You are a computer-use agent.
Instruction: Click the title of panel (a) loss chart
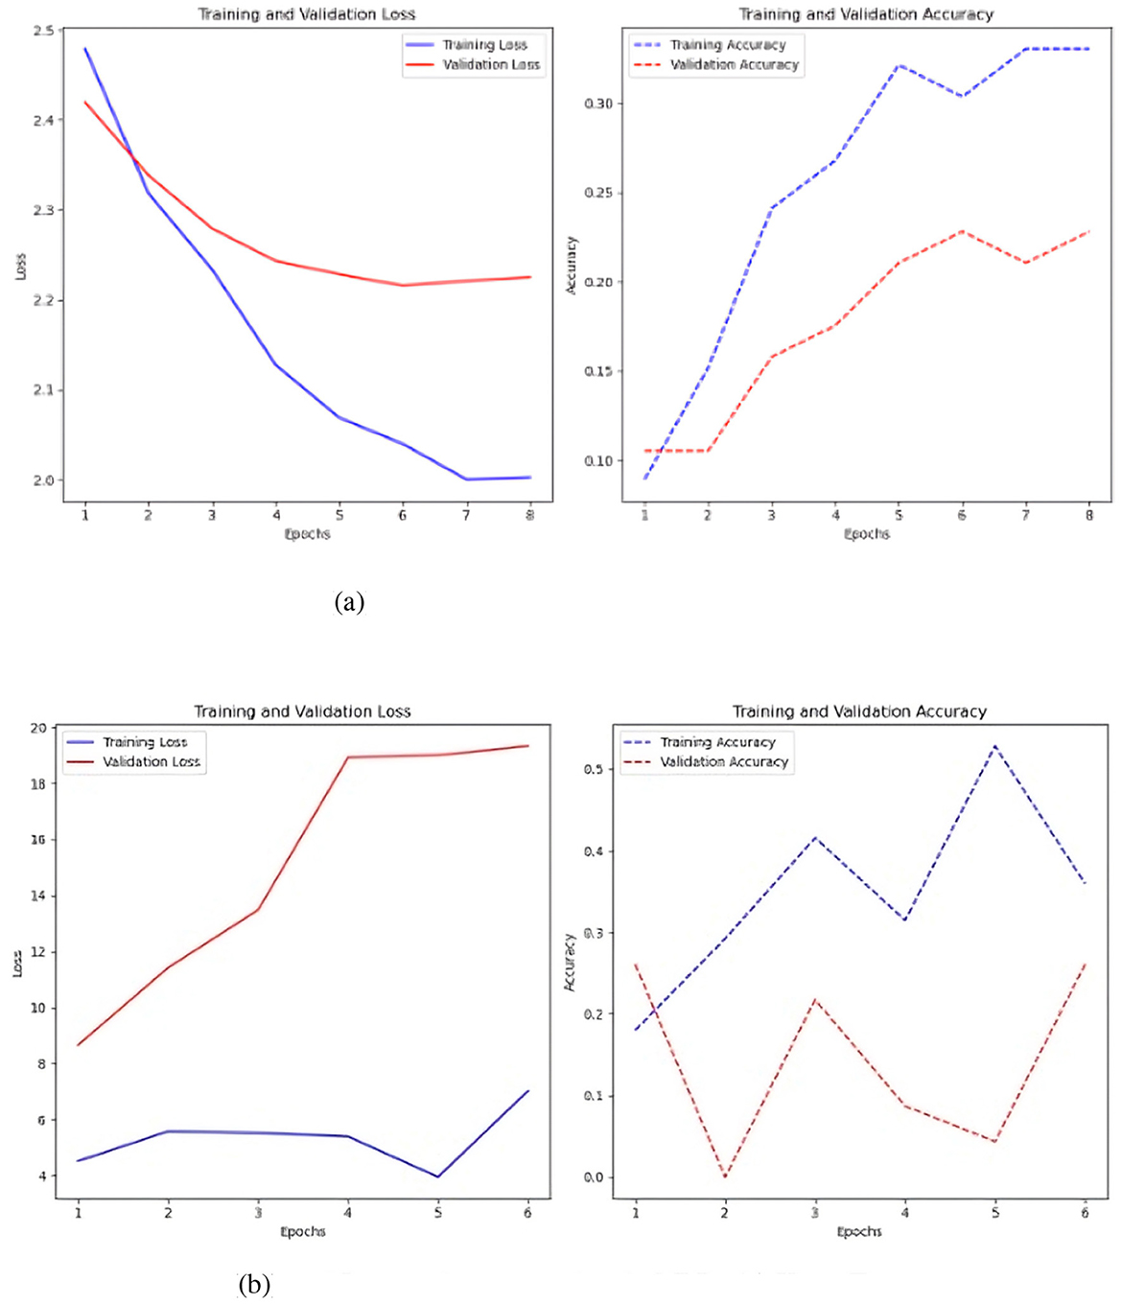(307, 14)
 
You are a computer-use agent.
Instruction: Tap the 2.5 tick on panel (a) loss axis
(43, 31)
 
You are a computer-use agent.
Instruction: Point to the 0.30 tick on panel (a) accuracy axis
(598, 104)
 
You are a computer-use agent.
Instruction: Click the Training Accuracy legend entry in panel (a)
(727, 45)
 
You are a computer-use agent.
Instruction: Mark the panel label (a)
(349, 602)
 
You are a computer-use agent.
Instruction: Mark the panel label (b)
(254, 1284)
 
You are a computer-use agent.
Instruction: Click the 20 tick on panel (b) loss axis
(38, 728)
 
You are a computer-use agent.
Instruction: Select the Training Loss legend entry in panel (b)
(145, 742)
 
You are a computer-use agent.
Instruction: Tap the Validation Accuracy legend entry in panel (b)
(724, 762)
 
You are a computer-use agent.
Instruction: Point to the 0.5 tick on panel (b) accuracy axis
(594, 770)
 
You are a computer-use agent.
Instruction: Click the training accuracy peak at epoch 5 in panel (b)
(994, 745)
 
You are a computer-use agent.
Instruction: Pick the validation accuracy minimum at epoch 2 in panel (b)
(725, 1176)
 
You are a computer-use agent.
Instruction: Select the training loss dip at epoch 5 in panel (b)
(438, 1176)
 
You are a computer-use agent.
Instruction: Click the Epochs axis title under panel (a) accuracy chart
(867, 534)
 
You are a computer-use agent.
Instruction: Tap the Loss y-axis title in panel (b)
(17, 964)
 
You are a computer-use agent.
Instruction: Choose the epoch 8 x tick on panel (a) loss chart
(530, 516)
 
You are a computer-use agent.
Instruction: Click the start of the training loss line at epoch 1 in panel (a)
(85, 48)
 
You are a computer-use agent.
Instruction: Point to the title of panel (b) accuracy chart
(859, 711)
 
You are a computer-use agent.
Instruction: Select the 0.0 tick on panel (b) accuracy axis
(594, 1177)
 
